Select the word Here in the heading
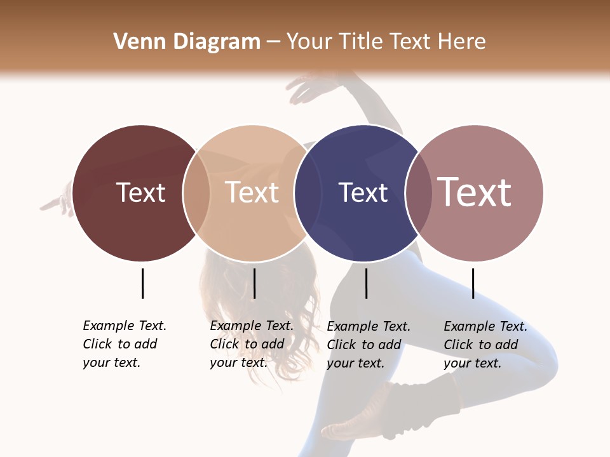tap(463, 42)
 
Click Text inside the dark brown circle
tap(140, 192)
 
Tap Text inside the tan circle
tap(252, 192)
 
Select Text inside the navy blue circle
tap(363, 192)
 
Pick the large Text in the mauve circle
tap(475, 192)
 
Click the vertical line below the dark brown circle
tap(142, 283)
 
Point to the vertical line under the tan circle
tap(254, 283)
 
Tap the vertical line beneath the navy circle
tap(366, 283)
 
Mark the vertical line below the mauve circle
tap(473, 283)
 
